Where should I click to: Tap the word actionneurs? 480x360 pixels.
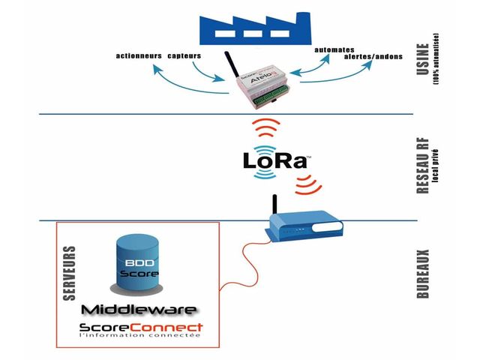click(140, 57)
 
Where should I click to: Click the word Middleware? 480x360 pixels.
click(139, 310)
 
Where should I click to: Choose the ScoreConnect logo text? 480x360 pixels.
click(140, 327)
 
